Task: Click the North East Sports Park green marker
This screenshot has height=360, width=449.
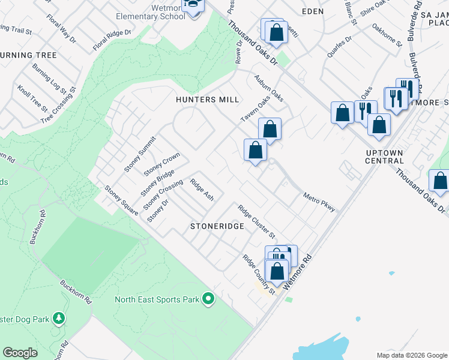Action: click(x=208, y=298)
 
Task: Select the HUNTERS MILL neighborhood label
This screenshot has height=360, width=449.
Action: click(x=208, y=100)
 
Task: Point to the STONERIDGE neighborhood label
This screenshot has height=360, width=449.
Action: click(x=217, y=227)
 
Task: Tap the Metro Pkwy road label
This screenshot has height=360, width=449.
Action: click(x=319, y=202)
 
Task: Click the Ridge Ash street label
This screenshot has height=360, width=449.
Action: click(x=202, y=189)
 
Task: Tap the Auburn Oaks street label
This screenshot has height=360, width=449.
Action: click(x=268, y=88)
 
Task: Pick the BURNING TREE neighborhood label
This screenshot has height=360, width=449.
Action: click(x=28, y=55)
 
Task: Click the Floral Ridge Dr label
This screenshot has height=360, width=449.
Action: click(x=112, y=37)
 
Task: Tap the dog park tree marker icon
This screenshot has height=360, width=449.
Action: click(x=59, y=317)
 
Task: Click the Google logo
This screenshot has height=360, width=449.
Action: click(x=20, y=353)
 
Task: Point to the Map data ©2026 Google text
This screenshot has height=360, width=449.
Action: click(x=411, y=355)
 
